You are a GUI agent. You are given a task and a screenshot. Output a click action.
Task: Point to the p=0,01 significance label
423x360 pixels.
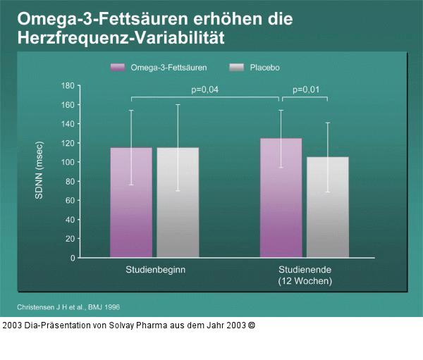point(305,89)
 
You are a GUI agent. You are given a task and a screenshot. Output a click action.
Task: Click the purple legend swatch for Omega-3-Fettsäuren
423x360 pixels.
point(117,67)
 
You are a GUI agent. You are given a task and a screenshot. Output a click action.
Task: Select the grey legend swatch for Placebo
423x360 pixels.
point(236,67)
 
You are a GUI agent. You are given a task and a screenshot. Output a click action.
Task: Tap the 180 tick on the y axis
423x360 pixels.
point(68,85)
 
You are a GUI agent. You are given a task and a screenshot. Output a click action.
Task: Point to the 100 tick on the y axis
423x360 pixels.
point(68,162)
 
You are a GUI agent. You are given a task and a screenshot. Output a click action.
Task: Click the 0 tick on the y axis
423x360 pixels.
point(71,258)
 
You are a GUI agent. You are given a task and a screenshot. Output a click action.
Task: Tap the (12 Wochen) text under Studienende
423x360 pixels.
point(304,281)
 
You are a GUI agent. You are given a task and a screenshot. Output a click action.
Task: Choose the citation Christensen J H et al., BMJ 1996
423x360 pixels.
point(68,307)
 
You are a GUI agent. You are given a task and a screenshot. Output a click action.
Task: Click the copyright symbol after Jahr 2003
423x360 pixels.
point(252,325)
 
